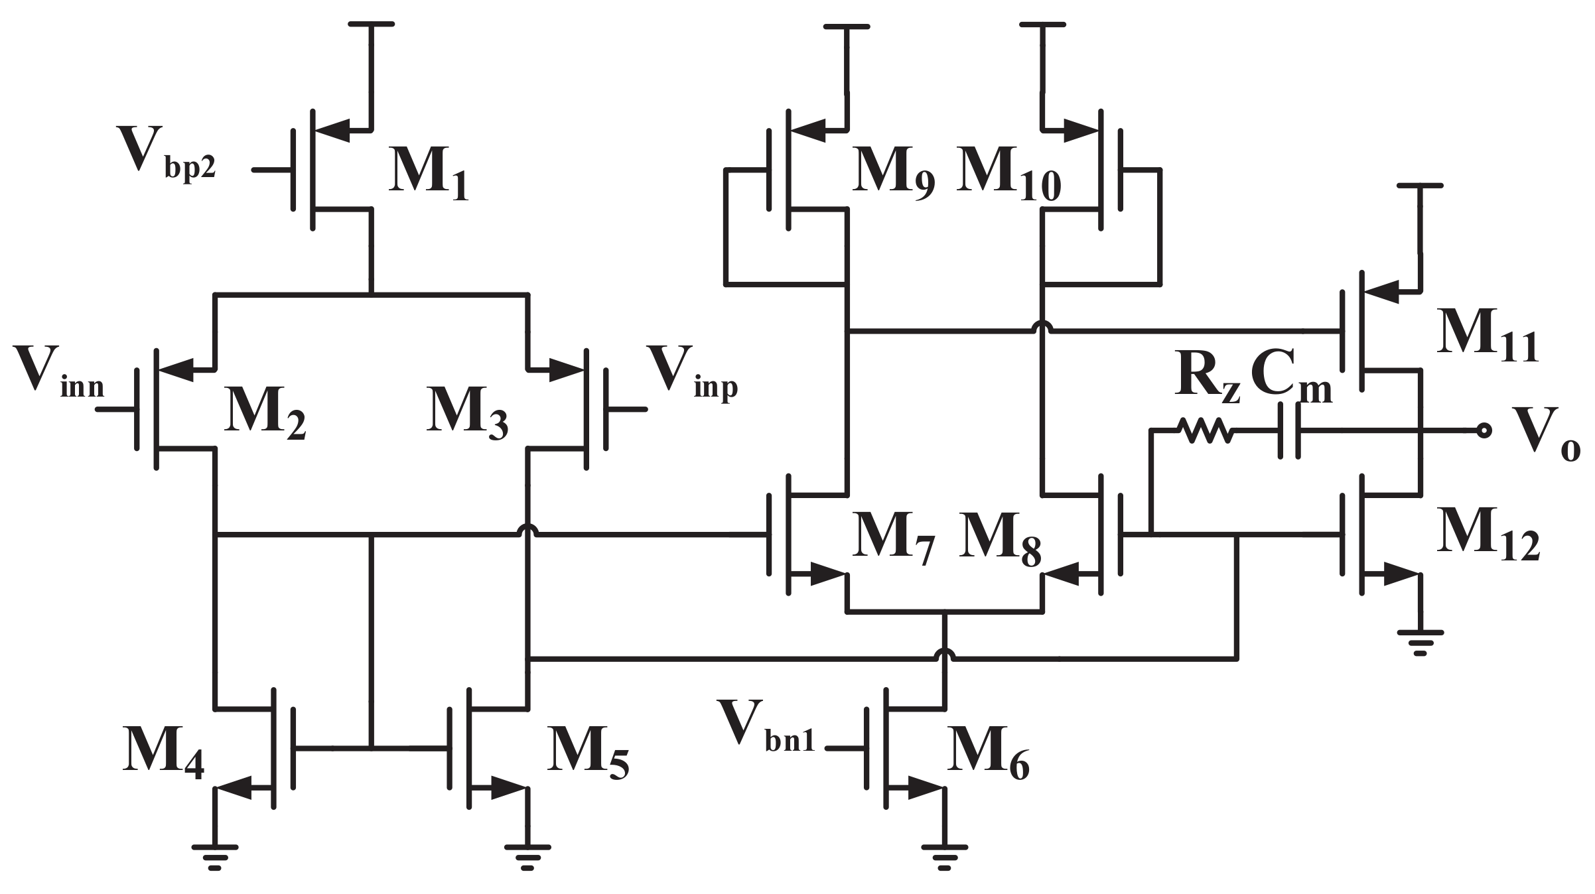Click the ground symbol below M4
[x=214, y=856]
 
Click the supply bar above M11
[x=1420, y=187]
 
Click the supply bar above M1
[x=371, y=25]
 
